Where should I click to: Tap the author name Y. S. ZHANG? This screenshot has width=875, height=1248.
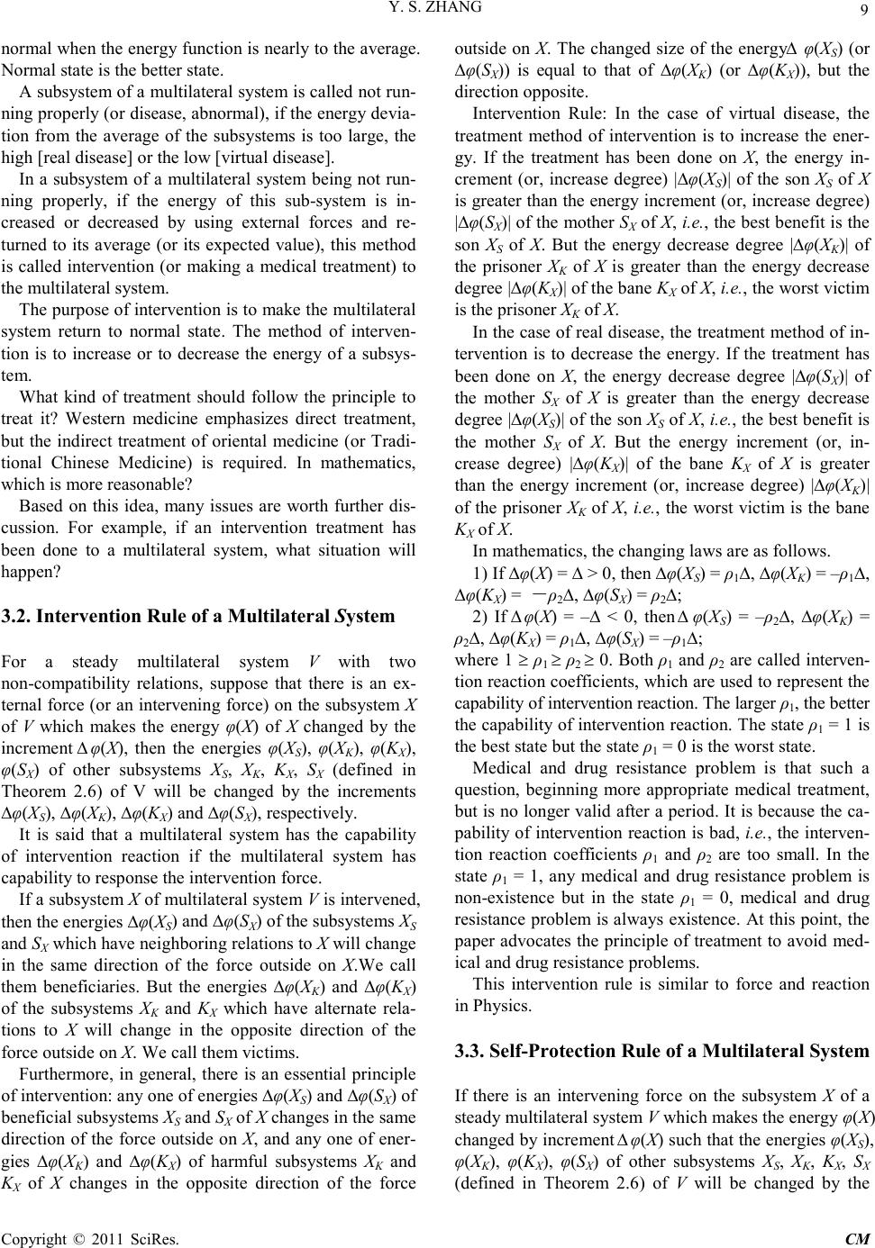[x=437, y=9]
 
